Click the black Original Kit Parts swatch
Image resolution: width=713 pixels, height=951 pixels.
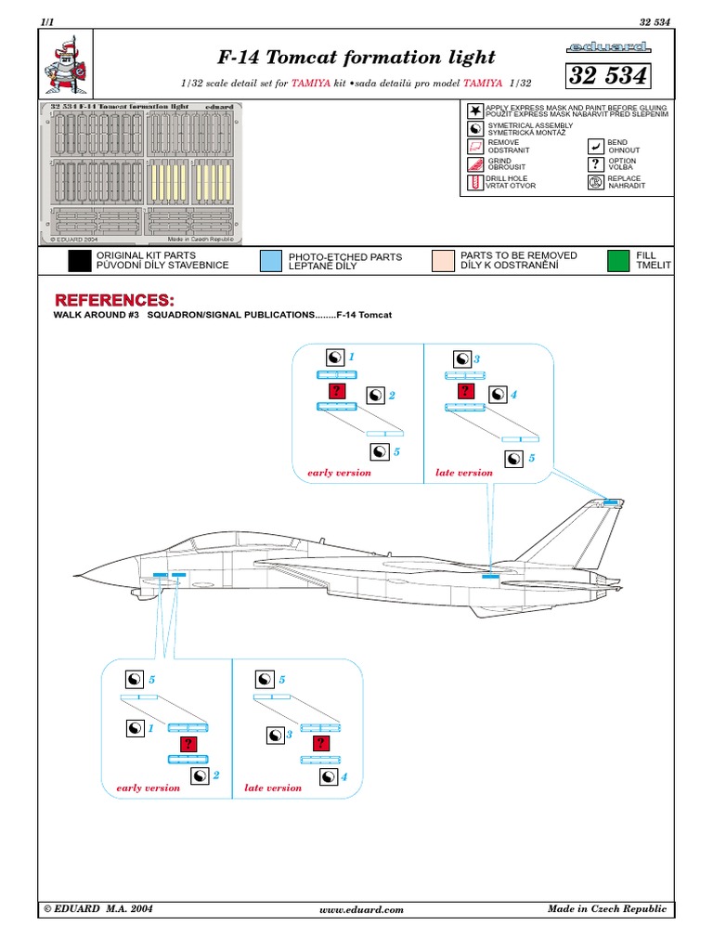point(80,260)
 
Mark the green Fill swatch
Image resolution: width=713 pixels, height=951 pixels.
point(617,260)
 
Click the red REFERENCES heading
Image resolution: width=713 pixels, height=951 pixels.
point(113,301)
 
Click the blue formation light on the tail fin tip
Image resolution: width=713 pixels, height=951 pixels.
point(611,502)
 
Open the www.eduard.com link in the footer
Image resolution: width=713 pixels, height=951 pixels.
point(361,910)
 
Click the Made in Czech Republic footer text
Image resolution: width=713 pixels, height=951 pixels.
point(607,908)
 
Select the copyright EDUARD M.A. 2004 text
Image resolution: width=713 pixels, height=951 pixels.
point(97,909)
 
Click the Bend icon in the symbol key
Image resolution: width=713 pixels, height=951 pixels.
point(595,147)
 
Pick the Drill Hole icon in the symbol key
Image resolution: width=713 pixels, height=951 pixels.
point(475,182)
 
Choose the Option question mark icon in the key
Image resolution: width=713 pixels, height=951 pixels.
point(595,164)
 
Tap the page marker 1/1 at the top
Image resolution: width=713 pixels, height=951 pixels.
point(48,20)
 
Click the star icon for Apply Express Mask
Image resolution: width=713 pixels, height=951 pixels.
point(475,111)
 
